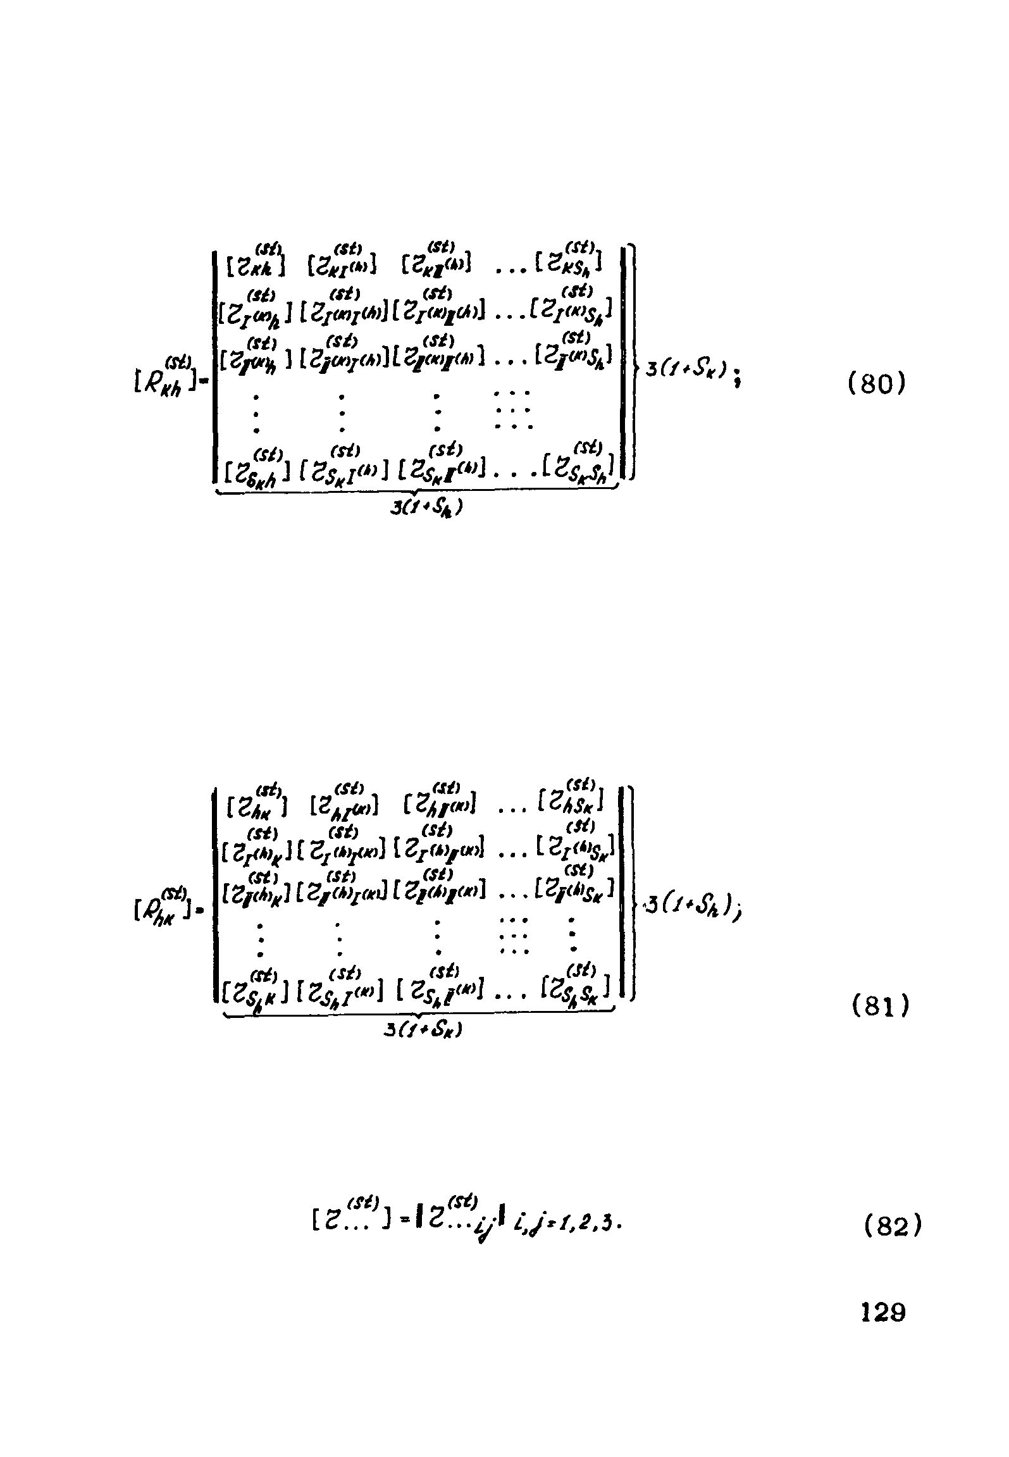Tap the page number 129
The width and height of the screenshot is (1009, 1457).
click(883, 1313)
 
